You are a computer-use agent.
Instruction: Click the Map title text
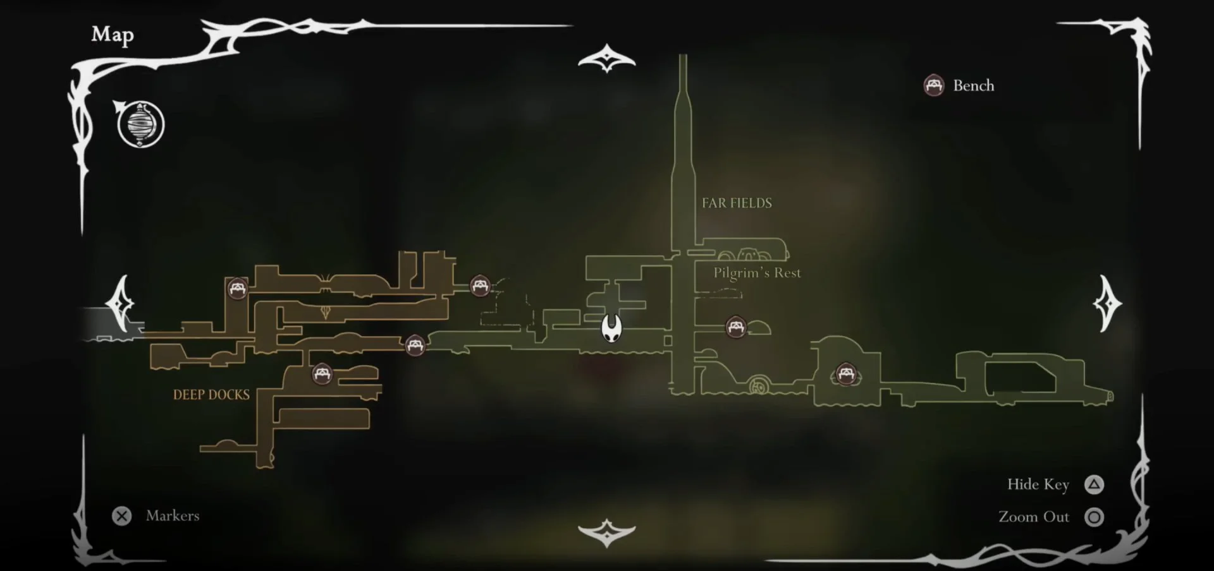pos(113,35)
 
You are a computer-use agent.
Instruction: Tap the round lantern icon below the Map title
pos(140,124)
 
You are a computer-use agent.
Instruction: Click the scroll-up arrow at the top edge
pos(607,58)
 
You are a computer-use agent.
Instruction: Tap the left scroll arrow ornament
pos(121,303)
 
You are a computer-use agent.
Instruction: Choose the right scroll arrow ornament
pos(1107,303)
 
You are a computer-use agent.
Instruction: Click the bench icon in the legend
pos(934,85)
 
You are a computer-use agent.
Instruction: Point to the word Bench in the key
pos(974,85)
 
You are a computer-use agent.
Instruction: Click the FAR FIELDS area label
pos(737,203)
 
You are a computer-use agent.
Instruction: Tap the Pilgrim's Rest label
pos(757,273)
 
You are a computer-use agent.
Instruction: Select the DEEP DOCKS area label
pos(211,395)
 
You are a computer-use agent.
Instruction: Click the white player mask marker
pos(611,328)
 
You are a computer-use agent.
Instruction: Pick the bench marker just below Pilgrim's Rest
pos(735,327)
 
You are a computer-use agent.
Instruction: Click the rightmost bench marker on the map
pos(845,373)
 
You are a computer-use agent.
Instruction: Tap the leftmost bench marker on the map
pos(238,289)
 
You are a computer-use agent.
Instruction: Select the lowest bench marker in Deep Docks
pos(322,374)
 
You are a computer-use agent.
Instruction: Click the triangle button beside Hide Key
pos(1094,484)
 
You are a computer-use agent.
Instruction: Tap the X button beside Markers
pos(121,516)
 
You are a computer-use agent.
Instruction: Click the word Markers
pos(173,515)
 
